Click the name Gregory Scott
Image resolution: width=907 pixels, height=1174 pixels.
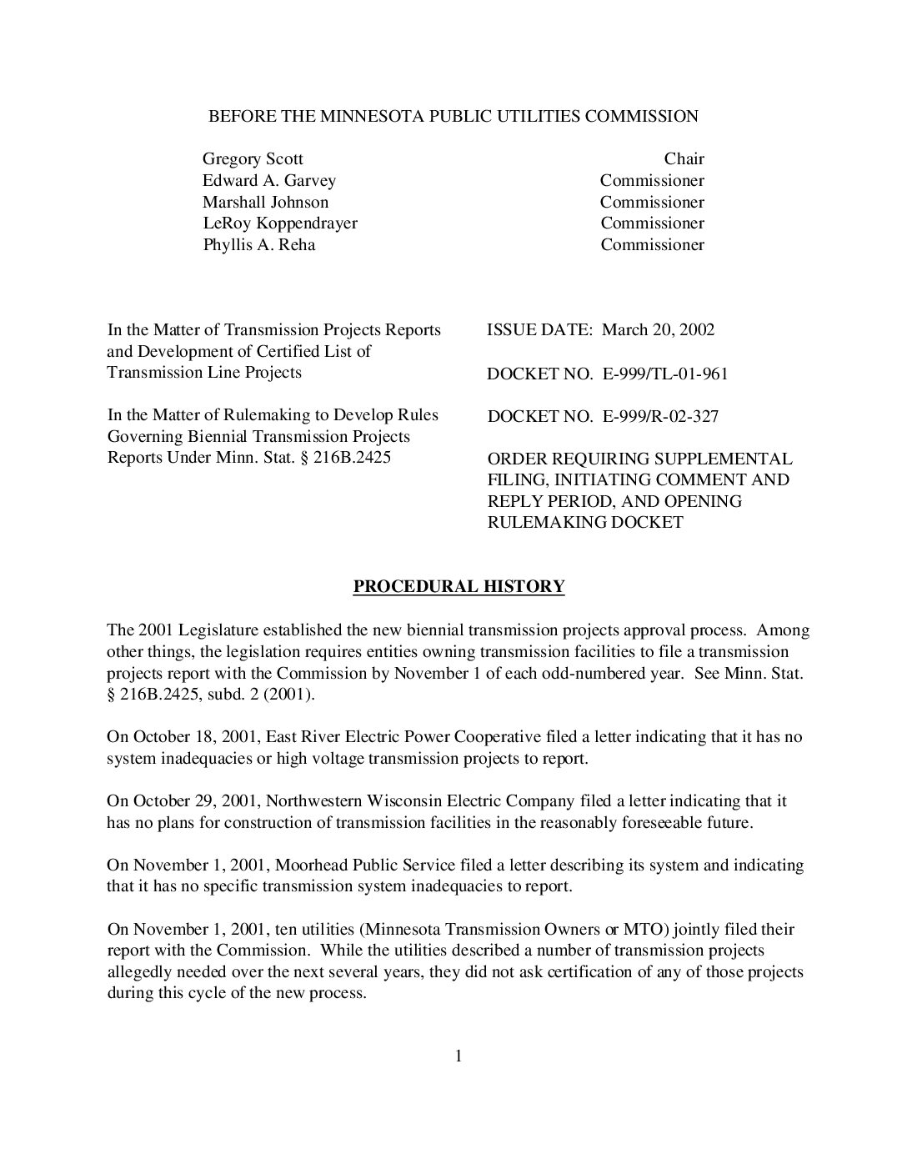pyautogui.click(x=253, y=159)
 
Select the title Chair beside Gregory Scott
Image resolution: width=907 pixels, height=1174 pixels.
pyautogui.click(x=684, y=159)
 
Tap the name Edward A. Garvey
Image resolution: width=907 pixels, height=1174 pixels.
pyautogui.click(x=268, y=181)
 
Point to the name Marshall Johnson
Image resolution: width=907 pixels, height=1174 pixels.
pyautogui.click(x=265, y=203)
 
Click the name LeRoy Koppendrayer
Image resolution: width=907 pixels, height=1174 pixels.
pyautogui.click(x=280, y=223)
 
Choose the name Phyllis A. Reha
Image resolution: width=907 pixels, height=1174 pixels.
pyautogui.click(x=258, y=245)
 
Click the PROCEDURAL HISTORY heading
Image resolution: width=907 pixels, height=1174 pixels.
pyautogui.click(x=459, y=587)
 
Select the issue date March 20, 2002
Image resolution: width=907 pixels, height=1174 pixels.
pyautogui.click(x=658, y=330)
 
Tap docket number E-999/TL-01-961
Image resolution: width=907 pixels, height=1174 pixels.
pyautogui.click(x=664, y=374)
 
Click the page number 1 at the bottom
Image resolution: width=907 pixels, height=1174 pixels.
pyautogui.click(x=459, y=1057)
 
